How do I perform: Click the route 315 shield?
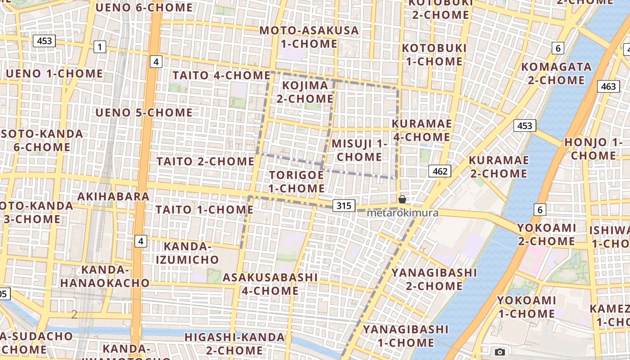pyautogui.click(x=344, y=206)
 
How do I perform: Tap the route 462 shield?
pyautogui.click(x=439, y=171)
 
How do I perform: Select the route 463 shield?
pyautogui.click(x=608, y=86)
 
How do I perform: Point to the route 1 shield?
pyautogui.click(x=99, y=47)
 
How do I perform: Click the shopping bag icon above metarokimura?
pyautogui.click(x=402, y=199)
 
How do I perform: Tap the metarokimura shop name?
pyautogui.click(x=402, y=213)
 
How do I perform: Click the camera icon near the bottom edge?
pyautogui.click(x=499, y=352)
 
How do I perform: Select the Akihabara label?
pyautogui.click(x=113, y=197)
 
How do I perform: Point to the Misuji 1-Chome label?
pyautogui.click(x=359, y=150)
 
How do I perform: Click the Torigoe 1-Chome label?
pyautogui.click(x=297, y=181)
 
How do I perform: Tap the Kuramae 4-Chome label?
pyautogui.click(x=422, y=130)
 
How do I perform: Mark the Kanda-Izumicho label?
pyautogui.click(x=187, y=253)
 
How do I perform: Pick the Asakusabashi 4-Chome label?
pyautogui.click(x=270, y=283)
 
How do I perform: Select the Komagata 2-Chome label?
pyautogui.click(x=556, y=73)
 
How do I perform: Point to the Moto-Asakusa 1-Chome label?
pyautogui.click(x=309, y=37)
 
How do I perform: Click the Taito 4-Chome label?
pyautogui.click(x=221, y=75)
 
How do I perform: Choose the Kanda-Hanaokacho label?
pyautogui.click(x=105, y=276)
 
